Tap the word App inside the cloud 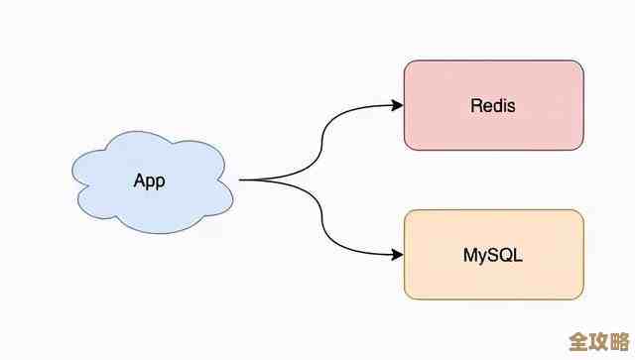tap(149, 181)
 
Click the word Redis tap(493, 105)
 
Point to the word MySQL tap(493, 255)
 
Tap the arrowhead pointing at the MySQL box tap(397, 255)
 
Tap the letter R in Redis tap(475, 105)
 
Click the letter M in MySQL tap(469, 255)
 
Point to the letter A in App tap(139, 181)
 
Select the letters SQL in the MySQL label tap(508, 255)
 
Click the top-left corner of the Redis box tap(406, 61)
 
